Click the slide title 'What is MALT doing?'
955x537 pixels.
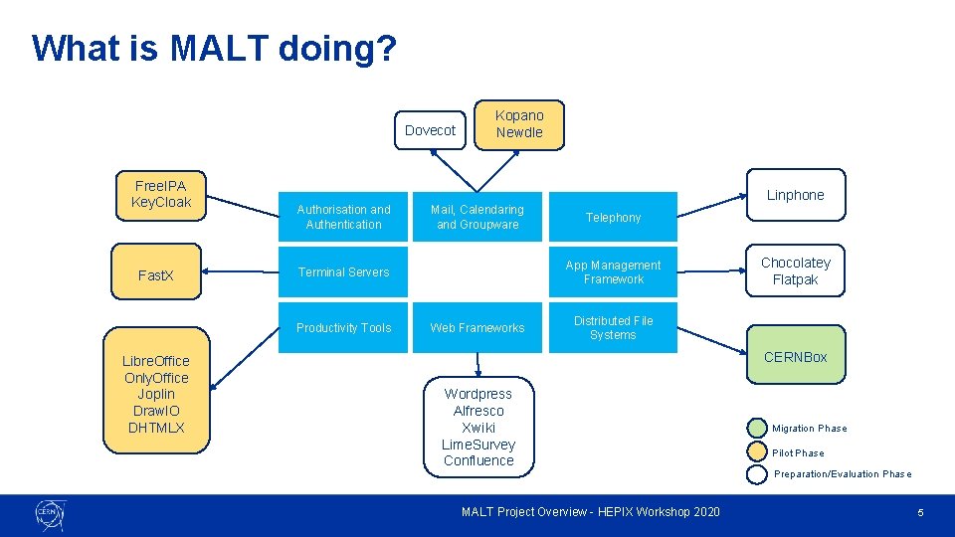coord(214,48)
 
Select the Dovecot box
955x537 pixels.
coord(430,130)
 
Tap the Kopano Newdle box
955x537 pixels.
coord(519,124)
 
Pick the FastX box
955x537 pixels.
coord(155,274)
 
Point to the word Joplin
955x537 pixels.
coord(156,395)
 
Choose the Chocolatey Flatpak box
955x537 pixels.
coord(795,270)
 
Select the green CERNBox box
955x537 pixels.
coord(795,357)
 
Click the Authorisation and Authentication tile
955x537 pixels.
coord(343,217)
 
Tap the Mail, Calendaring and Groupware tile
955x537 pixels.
coord(477,217)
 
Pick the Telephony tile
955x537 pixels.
coord(613,217)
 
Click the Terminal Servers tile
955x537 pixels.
coord(343,272)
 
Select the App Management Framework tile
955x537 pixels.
coord(613,272)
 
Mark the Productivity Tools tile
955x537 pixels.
coord(343,328)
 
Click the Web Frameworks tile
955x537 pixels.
coord(477,328)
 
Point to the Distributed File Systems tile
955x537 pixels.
coord(613,328)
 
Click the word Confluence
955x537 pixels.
coord(478,460)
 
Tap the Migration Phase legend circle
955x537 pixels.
coord(756,429)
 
